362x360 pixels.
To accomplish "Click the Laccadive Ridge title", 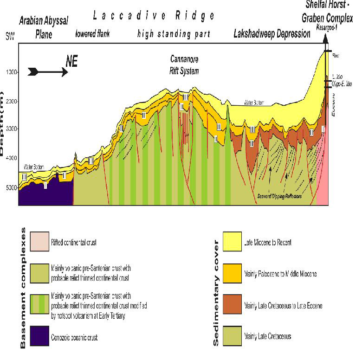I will coord(154,15).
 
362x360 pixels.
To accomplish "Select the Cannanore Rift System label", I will coord(184,65).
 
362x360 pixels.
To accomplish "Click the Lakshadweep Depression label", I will coord(272,34).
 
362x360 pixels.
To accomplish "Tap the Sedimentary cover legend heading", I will coord(216,290).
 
